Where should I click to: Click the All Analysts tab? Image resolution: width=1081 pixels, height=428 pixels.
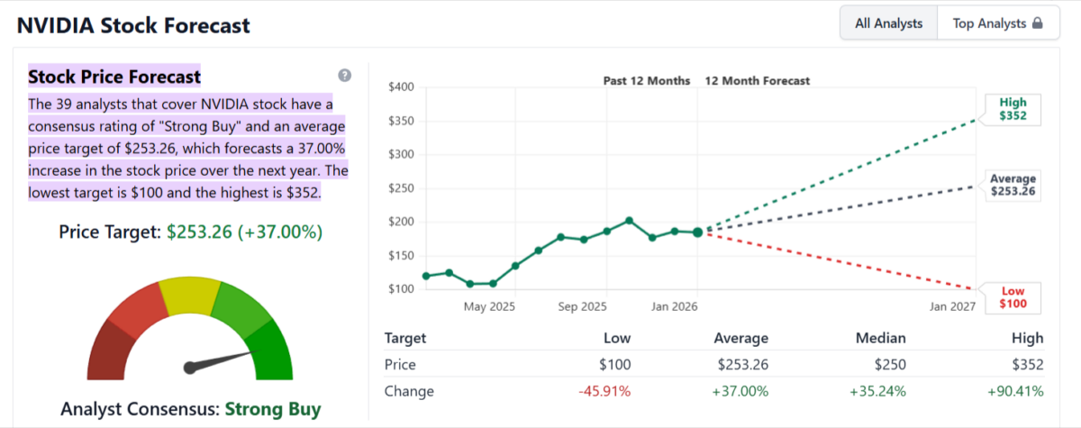(888, 23)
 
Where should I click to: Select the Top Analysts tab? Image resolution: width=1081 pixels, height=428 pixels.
(989, 23)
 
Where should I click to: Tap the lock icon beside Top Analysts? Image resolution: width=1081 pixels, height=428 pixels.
(1038, 23)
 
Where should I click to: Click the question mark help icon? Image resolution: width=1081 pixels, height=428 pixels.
(344, 75)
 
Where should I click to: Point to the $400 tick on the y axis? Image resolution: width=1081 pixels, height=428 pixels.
(400, 87)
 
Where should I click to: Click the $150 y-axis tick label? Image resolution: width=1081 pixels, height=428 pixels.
(400, 255)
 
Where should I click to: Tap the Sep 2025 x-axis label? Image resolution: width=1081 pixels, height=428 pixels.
(582, 306)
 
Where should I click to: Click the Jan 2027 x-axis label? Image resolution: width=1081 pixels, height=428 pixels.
(952, 306)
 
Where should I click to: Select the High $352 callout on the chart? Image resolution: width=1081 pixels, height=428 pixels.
(1013, 109)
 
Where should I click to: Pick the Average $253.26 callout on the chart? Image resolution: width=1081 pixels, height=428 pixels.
(1013, 185)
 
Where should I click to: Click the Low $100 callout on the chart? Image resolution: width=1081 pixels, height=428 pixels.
(1013, 298)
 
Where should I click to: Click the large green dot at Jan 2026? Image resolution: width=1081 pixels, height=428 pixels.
(697, 232)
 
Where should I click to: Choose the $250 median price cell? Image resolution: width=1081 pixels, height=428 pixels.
(889, 365)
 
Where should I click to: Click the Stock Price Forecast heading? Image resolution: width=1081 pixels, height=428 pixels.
(114, 76)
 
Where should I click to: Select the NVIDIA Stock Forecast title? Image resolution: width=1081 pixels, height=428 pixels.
(133, 25)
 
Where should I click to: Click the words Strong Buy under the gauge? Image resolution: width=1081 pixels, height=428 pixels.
(272, 409)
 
